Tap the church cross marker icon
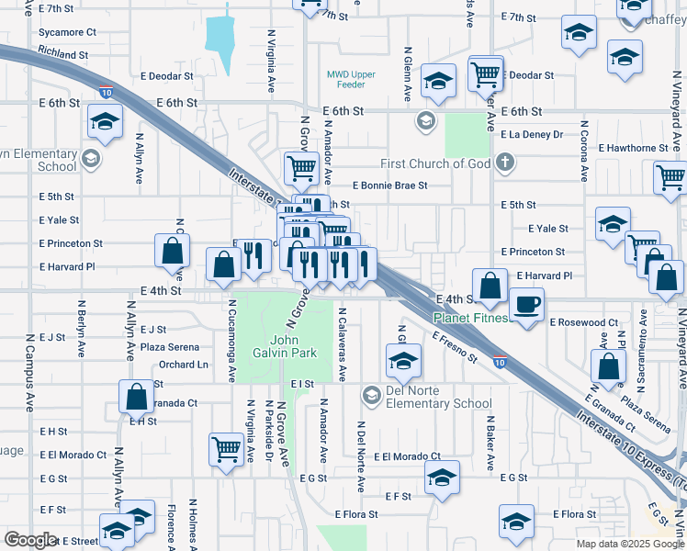(x=503, y=163)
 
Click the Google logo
(x=31, y=539)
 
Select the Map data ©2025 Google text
(x=628, y=544)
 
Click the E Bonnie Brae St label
(x=389, y=186)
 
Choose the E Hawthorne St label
(x=633, y=148)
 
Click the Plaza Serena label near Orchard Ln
(x=170, y=347)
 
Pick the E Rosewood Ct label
(x=583, y=323)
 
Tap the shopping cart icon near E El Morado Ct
(x=226, y=449)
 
